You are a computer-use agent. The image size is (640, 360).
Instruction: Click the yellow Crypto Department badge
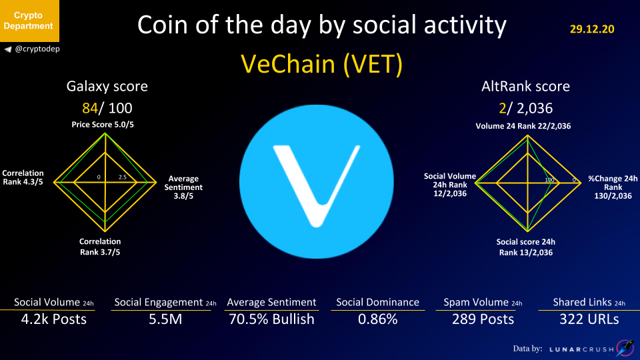coord(29,21)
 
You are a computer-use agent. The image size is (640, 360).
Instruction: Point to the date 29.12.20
coord(592,29)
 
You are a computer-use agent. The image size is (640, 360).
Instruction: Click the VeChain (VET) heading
coord(321,64)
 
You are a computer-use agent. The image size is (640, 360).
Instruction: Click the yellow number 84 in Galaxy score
coord(90,108)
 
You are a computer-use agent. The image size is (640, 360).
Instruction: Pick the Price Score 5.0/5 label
coord(103,125)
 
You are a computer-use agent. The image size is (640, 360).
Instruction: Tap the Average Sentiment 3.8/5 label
coord(183,187)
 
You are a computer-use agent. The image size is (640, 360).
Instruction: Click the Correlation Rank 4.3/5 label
coord(23,177)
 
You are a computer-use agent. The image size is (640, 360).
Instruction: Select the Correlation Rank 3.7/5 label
coord(100,247)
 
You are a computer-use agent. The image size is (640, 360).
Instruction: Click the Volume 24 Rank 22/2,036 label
coord(523,126)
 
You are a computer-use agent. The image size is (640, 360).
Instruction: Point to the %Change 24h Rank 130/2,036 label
coord(613,187)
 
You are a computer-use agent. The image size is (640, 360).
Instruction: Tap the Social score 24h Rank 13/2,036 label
coord(526,247)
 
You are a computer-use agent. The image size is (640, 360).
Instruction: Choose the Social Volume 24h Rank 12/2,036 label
coord(450,185)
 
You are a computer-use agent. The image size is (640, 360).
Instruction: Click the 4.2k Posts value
coord(54,319)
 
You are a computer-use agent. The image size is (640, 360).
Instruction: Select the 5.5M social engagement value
coord(165,319)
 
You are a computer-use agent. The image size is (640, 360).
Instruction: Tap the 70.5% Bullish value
coord(271,319)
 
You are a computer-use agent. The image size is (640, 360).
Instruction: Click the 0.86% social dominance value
coord(378,319)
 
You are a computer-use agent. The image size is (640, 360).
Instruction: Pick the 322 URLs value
coord(589,319)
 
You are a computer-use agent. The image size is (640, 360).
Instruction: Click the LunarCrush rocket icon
coord(625,348)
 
